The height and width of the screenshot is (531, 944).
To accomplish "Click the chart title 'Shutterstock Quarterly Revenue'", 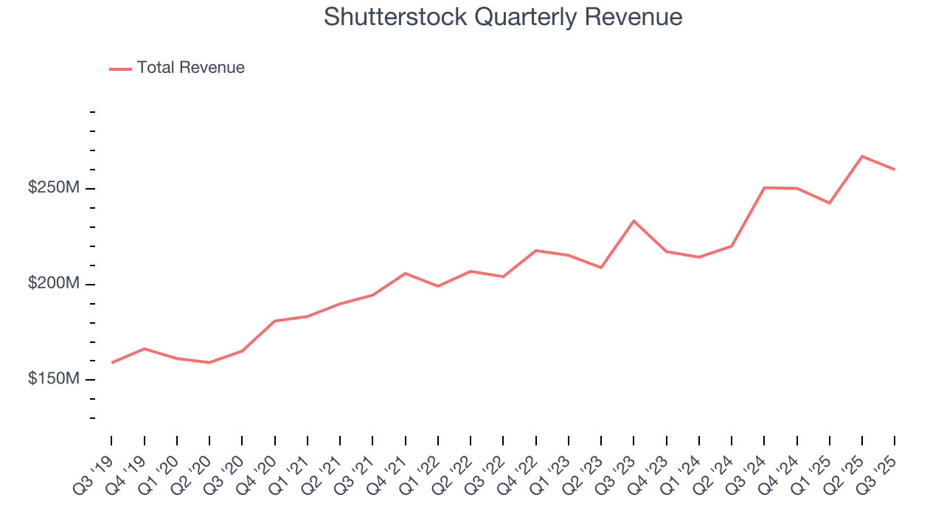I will (503, 17).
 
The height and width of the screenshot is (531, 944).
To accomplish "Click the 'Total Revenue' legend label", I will (190, 68).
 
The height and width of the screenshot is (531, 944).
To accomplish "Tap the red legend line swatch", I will (120, 69).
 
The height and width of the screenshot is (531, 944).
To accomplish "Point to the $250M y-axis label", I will (53, 189).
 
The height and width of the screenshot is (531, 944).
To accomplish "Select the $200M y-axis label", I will (53, 284).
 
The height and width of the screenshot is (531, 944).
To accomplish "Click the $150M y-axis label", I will (53, 379).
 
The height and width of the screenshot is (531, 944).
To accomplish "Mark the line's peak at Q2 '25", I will (862, 156).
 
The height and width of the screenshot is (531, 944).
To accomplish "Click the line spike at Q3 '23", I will (634, 221).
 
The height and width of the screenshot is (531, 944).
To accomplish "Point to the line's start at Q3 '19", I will (111, 363).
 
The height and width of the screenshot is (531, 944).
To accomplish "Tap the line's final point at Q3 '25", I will (895, 170).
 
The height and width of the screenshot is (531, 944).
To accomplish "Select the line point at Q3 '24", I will (764, 188).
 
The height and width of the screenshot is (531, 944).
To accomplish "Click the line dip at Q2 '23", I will (601, 268).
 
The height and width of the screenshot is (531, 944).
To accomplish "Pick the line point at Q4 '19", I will (144, 348).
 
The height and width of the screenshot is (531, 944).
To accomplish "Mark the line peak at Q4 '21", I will (405, 273).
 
